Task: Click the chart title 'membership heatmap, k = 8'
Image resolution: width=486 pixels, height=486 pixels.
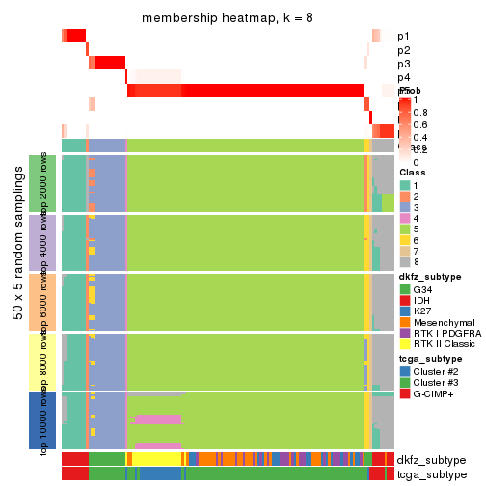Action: point(227,18)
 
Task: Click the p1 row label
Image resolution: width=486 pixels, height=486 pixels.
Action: point(403,37)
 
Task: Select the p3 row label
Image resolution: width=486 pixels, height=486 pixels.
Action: point(403,64)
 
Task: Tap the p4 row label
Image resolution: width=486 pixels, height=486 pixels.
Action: point(403,77)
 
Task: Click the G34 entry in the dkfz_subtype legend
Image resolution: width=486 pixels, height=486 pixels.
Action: point(422,289)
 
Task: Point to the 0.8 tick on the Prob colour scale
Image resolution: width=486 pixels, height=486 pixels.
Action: point(422,113)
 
